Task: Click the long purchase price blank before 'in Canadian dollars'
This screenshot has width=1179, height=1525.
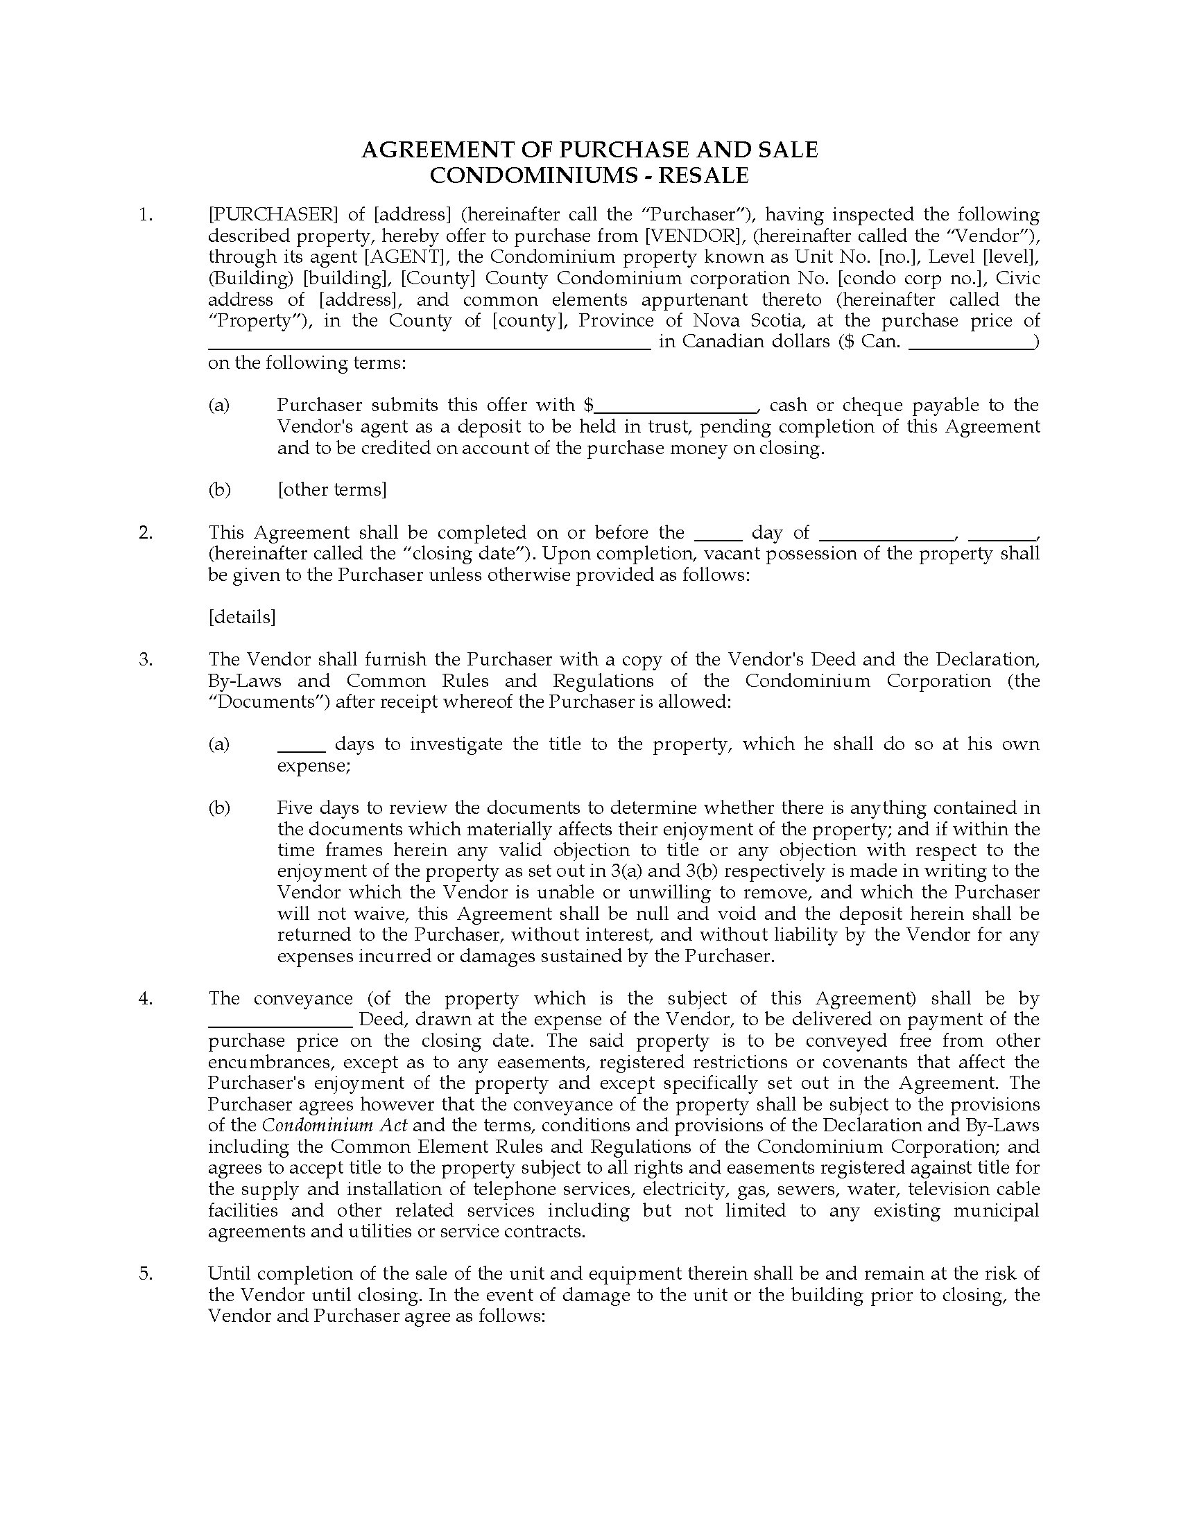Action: pyautogui.click(x=429, y=345)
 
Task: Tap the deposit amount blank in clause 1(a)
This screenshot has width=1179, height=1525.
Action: pyautogui.click(x=676, y=408)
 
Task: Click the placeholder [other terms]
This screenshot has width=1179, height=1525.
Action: pyautogui.click(x=332, y=489)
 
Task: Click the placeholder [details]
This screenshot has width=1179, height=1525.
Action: pyautogui.click(x=241, y=616)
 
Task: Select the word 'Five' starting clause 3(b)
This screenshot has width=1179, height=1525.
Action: pyautogui.click(x=294, y=808)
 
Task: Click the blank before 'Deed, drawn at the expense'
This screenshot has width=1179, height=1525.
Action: pyautogui.click(x=281, y=1022)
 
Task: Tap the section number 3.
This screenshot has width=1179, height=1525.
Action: pyautogui.click(x=145, y=659)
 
